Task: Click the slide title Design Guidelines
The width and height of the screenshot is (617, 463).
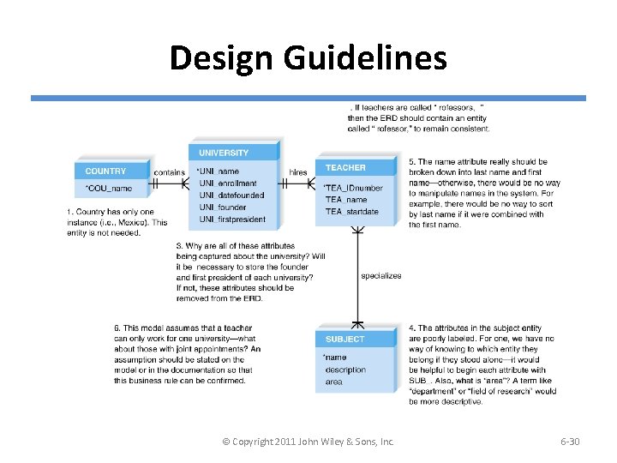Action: click(308, 58)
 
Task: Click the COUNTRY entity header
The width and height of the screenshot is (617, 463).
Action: click(105, 171)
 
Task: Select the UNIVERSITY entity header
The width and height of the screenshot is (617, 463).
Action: click(224, 153)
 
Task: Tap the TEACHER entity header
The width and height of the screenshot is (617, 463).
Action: click(345, 168)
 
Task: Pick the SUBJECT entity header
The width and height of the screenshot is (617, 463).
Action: click(344, 340)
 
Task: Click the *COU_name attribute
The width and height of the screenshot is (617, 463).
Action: click(109, 188)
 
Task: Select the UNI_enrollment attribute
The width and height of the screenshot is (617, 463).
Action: click(228, 183)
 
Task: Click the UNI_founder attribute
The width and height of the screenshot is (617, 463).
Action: click(223, 207)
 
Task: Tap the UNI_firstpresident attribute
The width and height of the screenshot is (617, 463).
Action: click(232, 219)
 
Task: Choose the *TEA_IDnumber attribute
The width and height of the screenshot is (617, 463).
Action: click(353, 188)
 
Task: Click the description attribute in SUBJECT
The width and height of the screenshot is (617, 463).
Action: click(345, 370)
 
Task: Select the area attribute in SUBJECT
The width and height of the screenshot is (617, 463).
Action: click(333, 382)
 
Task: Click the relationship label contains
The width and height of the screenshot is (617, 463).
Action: click(169, 172)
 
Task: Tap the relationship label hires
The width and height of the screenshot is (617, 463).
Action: click(298, 172)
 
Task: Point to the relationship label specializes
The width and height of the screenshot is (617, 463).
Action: click(380, 276)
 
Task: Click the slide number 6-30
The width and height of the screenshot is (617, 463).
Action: click(570, 442)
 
